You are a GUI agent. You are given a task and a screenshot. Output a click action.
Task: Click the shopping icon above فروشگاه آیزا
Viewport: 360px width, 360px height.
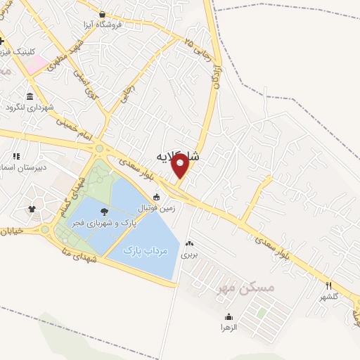(102, 14)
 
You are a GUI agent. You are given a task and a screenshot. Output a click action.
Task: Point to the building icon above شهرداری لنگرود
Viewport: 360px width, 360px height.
(30, 96)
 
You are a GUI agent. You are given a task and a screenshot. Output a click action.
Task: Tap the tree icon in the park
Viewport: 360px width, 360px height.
(104, 211)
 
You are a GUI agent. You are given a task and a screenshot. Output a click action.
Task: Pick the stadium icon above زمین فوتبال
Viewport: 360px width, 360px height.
(155, 198)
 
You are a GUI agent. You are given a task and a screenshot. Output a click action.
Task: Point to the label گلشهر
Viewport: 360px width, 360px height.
(328, 296)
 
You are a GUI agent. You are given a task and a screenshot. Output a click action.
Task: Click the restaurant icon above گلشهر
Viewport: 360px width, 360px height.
(328, 285)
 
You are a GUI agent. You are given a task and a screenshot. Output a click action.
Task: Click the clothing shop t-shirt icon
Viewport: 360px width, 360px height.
(32, 209)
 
